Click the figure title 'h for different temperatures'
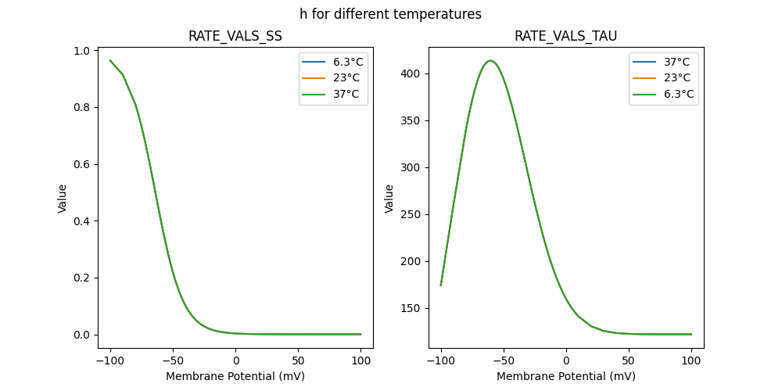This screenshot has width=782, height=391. coord(390,14)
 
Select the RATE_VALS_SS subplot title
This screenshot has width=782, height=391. coord(235,36)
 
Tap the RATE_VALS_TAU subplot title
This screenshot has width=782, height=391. coord(565,36)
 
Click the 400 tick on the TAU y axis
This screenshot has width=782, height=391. coord(409,74)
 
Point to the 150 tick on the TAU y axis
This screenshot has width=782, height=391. coord(409,308)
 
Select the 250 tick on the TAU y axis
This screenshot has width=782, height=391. coord(409,214)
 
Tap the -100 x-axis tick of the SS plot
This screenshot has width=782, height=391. coord(110,361)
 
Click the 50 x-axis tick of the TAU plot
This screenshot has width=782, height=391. coord(629,361)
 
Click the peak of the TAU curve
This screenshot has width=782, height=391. coord(490,60)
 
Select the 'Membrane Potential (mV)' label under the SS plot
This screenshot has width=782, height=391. coord(235,376)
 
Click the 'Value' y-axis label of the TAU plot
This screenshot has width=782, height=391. coord(389,198)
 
